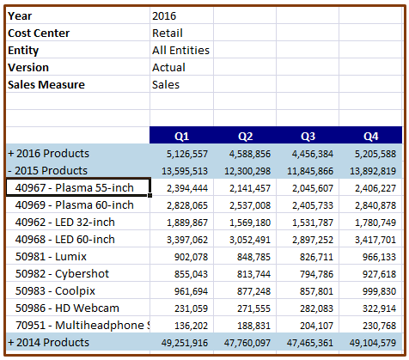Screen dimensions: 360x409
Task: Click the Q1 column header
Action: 181,136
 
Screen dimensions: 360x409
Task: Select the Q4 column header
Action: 370,136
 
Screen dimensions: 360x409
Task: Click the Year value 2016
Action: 166,15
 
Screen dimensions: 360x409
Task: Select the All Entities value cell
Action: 180,50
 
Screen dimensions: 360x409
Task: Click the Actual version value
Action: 169,67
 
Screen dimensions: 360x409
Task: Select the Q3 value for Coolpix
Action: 313,290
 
